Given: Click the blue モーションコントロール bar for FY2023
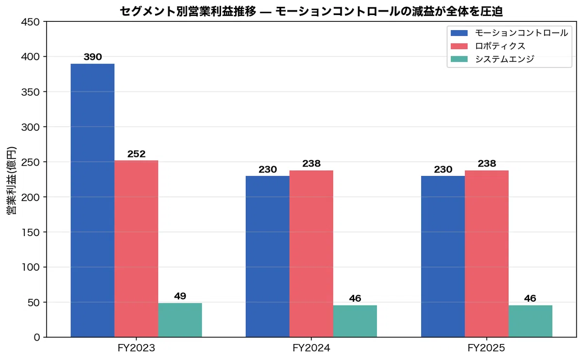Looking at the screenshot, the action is [x=92, y=201].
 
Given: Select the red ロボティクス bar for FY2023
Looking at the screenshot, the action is [x=136, y=249].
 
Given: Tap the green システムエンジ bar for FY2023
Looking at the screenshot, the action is [x=180, y=320].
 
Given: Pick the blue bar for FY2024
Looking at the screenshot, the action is [x=268, y=257].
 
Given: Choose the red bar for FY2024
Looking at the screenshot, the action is [x=311, y=254].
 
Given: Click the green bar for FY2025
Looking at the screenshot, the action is [x=531, y=321].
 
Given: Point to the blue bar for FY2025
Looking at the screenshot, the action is [x=443, y=257].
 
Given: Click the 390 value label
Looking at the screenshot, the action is [x=93, y=57].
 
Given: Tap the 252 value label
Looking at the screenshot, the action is [x=137, y=154].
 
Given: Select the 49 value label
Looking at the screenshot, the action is [x=180, y=296].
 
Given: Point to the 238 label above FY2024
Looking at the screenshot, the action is [x=311, y=163].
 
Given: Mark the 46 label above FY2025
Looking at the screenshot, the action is [x=530, y=298].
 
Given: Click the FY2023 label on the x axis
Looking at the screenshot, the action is [x=136, y=348].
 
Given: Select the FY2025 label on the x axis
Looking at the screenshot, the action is [x=486, y=348].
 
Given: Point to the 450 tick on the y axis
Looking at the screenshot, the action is [x=31, y=22].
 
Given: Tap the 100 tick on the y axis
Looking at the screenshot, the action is [x=31, y=267].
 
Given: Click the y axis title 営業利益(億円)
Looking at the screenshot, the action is [x=11, y=180].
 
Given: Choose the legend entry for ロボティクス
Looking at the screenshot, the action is [x=488, y=46].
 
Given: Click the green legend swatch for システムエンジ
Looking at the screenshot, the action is [x=459, y=59].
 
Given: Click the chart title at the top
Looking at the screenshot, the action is [x=311, y=12].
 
